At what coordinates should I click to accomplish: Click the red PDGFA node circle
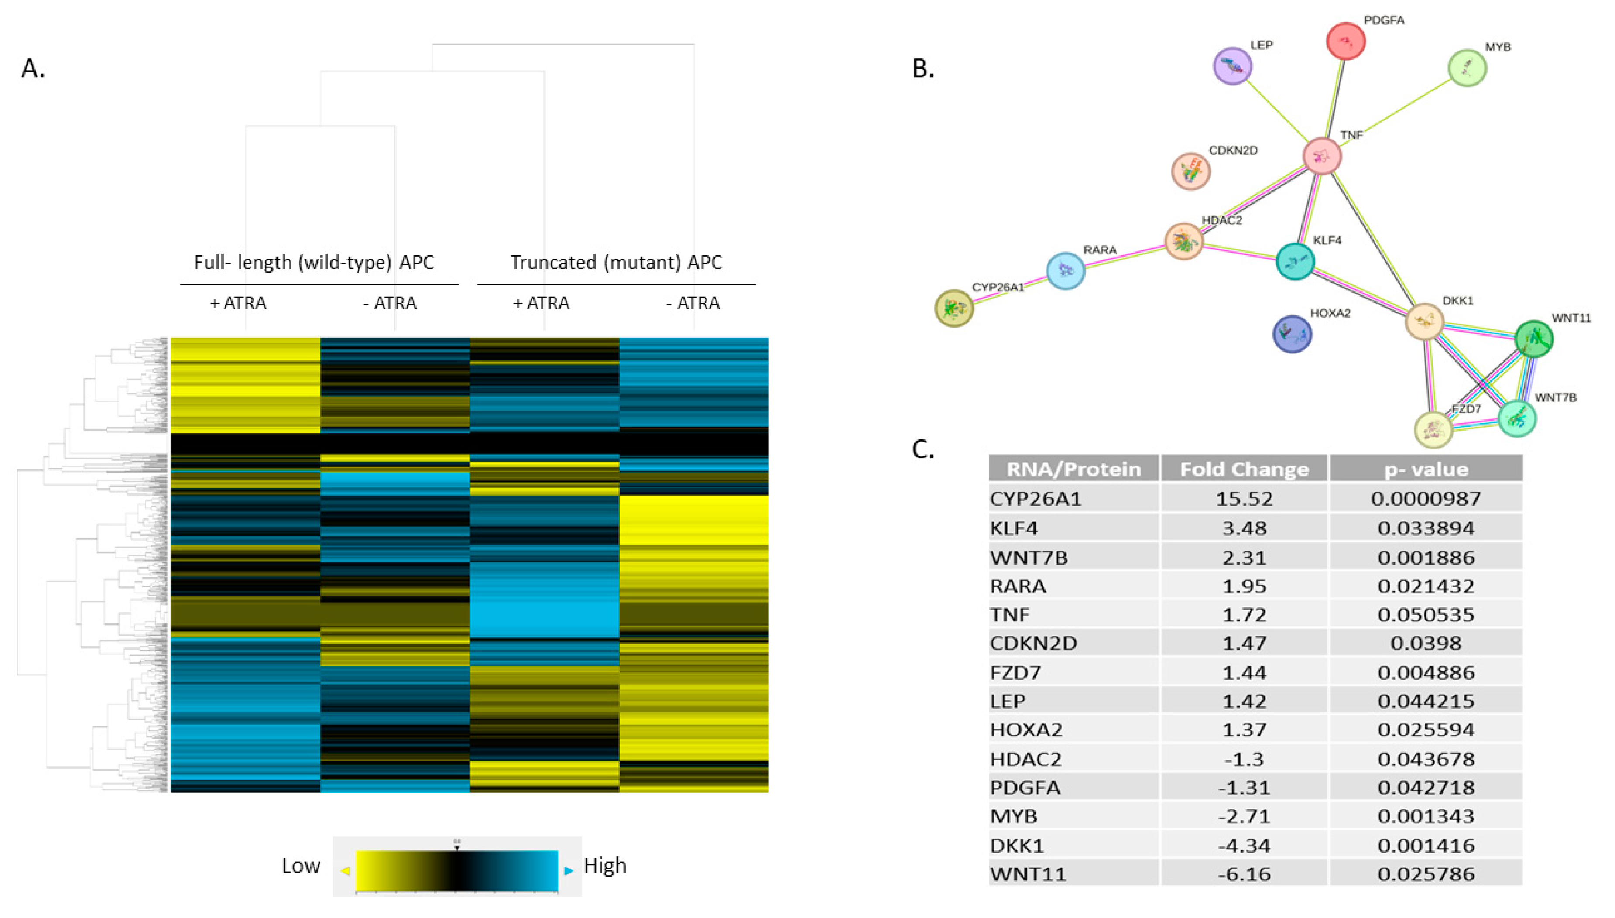click(x=1345, y=41)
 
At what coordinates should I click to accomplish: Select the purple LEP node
click(x=1232, y=65)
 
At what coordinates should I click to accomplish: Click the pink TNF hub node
click(x=1321, y=156)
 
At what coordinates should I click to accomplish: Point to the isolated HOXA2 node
click(x=1292, y=334)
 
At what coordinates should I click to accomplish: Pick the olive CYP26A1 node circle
click(x=954, y=308)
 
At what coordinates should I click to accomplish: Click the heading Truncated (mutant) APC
click(x=616, y=262)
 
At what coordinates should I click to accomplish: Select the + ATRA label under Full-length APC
click(x=238, y=303)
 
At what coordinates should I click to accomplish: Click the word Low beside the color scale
click(x=301, y=866)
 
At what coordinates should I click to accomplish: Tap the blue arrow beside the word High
click(x=569, y=871)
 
